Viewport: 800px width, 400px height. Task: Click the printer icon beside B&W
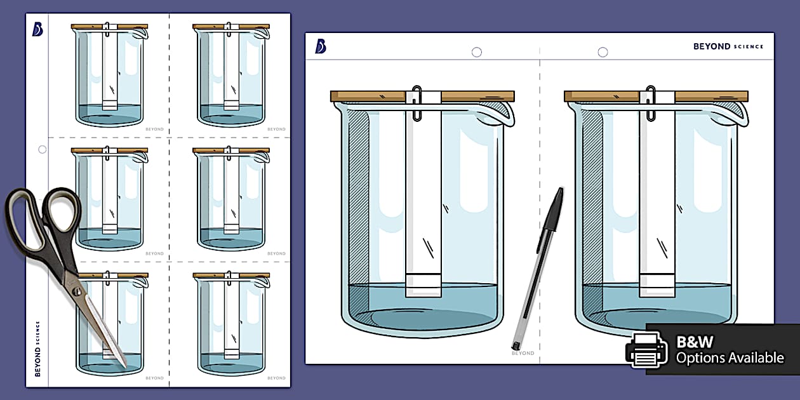646,350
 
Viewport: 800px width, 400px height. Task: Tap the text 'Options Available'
730,358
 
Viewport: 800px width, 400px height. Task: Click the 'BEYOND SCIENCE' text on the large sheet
728,46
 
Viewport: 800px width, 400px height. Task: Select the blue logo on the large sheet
321,46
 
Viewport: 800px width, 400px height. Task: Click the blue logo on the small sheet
37,29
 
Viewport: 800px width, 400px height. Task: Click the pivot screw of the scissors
77,291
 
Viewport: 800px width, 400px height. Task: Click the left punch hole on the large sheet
476,52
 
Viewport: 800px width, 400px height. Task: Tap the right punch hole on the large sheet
603,52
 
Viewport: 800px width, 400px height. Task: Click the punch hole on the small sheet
43,150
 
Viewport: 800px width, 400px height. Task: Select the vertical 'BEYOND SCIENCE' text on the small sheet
37,349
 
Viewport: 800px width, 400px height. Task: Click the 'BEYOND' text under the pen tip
523,353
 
